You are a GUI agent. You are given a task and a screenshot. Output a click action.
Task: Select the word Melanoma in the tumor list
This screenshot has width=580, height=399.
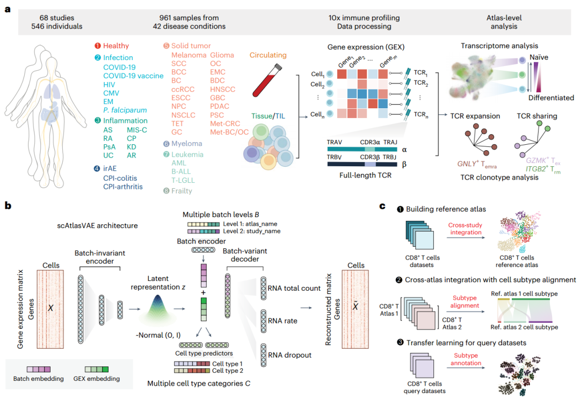pyautogui.click(x=189, y=55)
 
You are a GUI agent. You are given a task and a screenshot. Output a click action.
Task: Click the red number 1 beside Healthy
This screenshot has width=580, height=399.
pyautogui.click(x=97, y=46)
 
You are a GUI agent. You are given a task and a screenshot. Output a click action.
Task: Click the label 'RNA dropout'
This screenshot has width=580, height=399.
pyautogui.click(x=290, y=354)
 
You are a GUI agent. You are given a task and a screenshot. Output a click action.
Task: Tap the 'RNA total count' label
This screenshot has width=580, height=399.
pyautogui.click(x=294, y=288)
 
